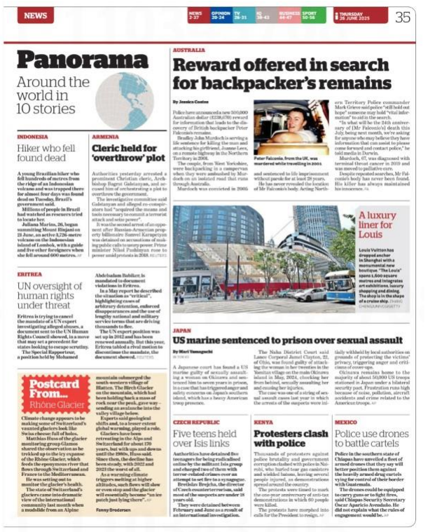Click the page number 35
click(x=403, y=16)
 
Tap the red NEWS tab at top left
click(x=35, y=15)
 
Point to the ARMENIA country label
click(x=105, y=137)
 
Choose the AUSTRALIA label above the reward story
click(x=188, y=50)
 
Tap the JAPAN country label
click(x=182, y=329)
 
